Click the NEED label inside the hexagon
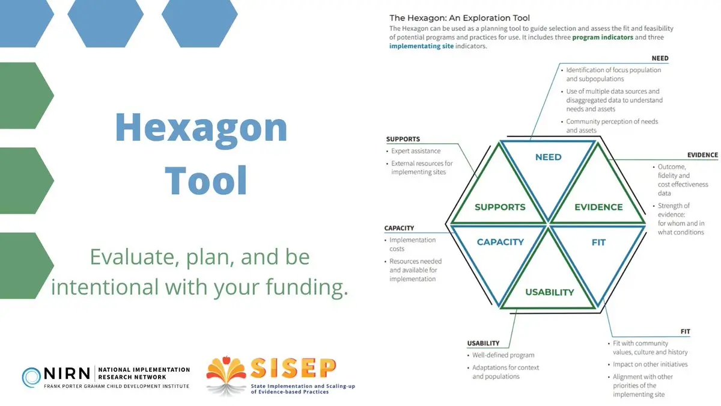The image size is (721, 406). click(x=548, y=157)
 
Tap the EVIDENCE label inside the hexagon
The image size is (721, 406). click(x=598, y=207)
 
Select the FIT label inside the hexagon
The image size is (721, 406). click(x=598, y=242)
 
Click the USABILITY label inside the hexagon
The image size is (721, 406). click(x=549, y=292)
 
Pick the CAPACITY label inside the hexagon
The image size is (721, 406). click(x=500, y=242)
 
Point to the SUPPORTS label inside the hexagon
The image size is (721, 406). click(x=500, y=207)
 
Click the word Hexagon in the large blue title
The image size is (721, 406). click(x=201, y=128)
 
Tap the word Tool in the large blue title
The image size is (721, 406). click(x=206, y=179)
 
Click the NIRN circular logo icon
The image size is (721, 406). click(x=32, y=377)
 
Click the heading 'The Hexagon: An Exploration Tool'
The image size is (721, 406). click(x=460, y=18)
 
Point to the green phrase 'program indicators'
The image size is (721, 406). click(x=603, y=37)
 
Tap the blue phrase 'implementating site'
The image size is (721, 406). click(x=421, y=46)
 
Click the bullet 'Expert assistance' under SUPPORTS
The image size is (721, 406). click(x=416, y=151)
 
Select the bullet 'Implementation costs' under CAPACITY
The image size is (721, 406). click(x=413, y=244)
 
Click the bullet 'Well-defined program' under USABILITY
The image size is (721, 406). click(x=503, y=355)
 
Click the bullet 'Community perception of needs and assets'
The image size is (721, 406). click(x=612, y=126)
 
